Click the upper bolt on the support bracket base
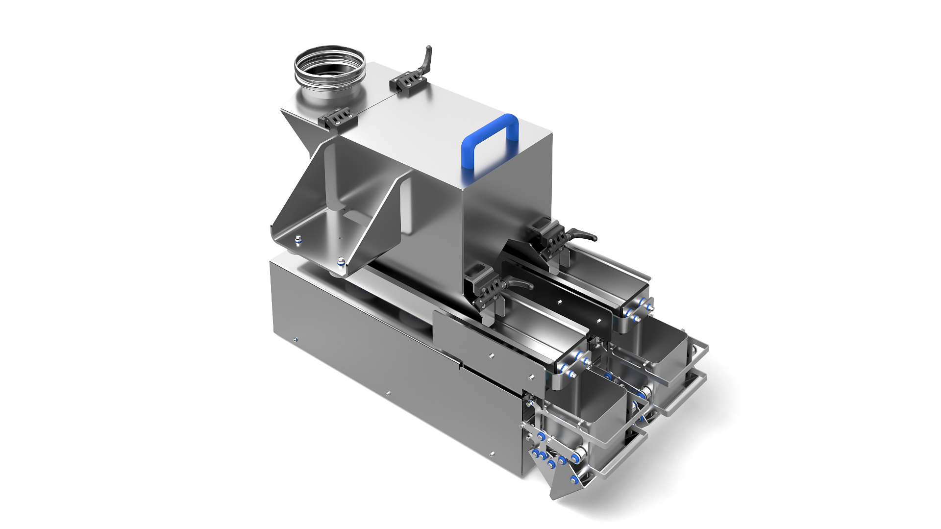[x=297, y=239]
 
